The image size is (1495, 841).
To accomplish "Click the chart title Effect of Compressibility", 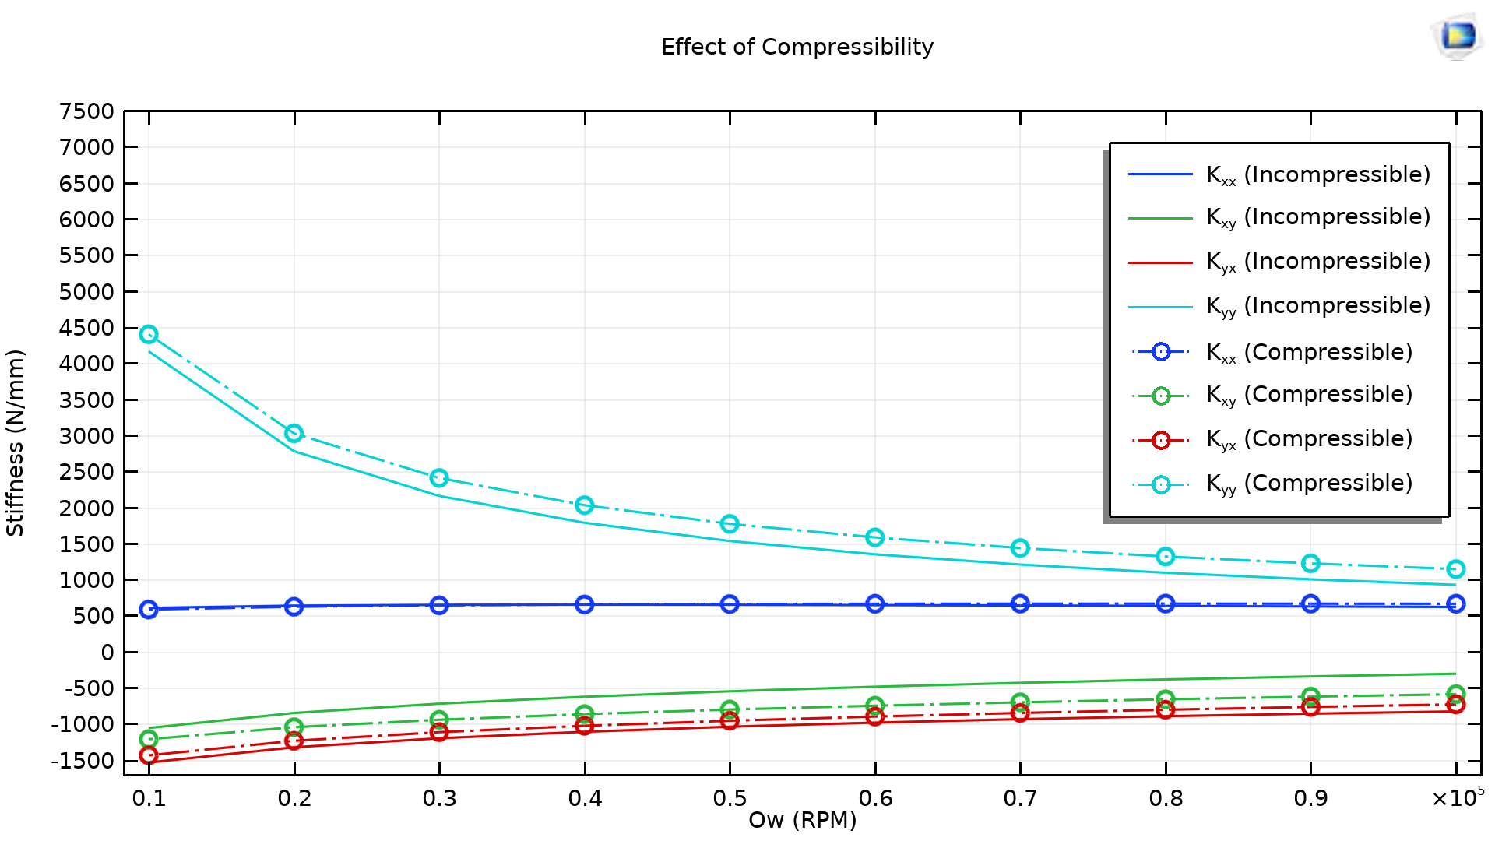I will [797, 48].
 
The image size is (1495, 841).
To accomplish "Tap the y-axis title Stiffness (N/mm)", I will [16, 442].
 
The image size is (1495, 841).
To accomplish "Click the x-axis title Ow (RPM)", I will [802, 820].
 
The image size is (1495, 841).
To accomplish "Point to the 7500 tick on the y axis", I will [86, 111].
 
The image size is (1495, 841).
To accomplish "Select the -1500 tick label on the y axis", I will [83, 761].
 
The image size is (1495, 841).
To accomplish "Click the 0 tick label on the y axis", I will [107, 653].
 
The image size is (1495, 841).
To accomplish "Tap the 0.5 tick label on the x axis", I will [730, 798].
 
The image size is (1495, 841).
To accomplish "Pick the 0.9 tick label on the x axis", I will [1310, 798].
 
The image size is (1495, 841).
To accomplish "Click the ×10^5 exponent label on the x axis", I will [1457, 797].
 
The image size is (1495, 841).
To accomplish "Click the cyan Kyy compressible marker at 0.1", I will [149, 334].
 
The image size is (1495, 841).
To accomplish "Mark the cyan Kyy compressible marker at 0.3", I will [439, 477].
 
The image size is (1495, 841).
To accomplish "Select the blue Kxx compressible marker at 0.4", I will [585, 604].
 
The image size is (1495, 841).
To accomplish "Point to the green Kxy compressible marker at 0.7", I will [1020, 702].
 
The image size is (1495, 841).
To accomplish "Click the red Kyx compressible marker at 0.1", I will [149, 755].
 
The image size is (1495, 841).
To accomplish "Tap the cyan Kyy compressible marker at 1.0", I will [1455, 569].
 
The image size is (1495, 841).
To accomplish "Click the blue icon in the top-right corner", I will [1458, 36].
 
